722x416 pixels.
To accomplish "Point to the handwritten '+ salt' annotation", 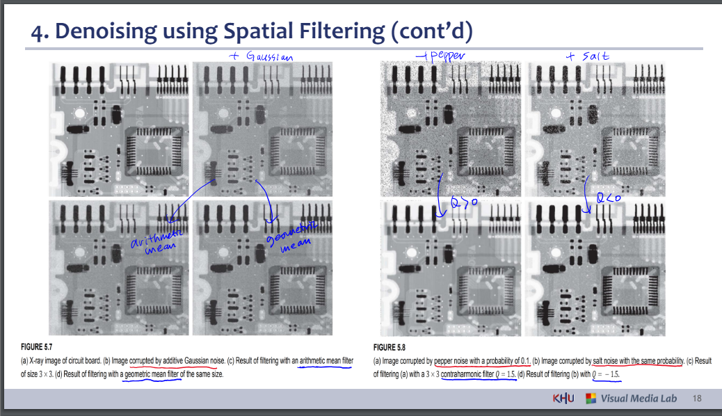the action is [x=587, y=56].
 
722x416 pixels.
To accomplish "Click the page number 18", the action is [x=698, y=399].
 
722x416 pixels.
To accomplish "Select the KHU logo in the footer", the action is [x=561, y=399].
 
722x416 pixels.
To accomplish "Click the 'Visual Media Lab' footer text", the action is [x=639, y=399].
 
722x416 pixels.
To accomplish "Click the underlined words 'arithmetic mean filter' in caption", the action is [x=326, y=360].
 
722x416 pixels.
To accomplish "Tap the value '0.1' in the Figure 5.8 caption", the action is [x=524, y=360].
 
